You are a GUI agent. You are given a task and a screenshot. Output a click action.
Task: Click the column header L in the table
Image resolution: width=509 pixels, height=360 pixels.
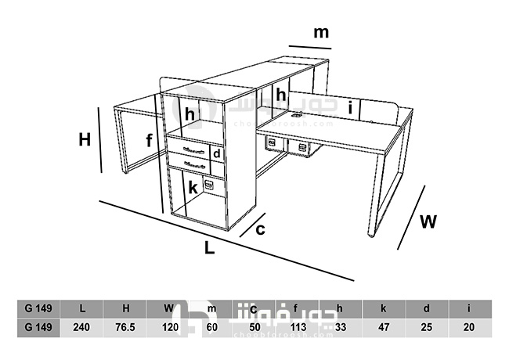tap(82, 308)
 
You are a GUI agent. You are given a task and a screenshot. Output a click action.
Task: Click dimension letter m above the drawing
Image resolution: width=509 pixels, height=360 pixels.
tap(321, 33)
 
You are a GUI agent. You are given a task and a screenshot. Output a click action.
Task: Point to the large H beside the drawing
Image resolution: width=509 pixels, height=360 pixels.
tap(85, 140)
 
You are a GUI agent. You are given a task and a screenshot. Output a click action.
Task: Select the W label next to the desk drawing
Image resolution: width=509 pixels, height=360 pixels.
tap(428, 221)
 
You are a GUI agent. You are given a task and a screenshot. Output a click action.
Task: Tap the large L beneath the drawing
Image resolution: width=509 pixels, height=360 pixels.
tap(209, 248)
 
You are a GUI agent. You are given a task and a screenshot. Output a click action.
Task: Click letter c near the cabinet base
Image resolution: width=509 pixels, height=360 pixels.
tap(261, 229)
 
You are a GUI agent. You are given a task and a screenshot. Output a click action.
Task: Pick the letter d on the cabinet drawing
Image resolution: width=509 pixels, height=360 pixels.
tap(216, 153)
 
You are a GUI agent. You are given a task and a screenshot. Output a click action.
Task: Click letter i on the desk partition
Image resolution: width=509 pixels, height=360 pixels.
tap(350, 106)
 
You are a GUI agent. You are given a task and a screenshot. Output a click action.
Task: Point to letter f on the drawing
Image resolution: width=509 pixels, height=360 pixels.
tap(149, 141)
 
